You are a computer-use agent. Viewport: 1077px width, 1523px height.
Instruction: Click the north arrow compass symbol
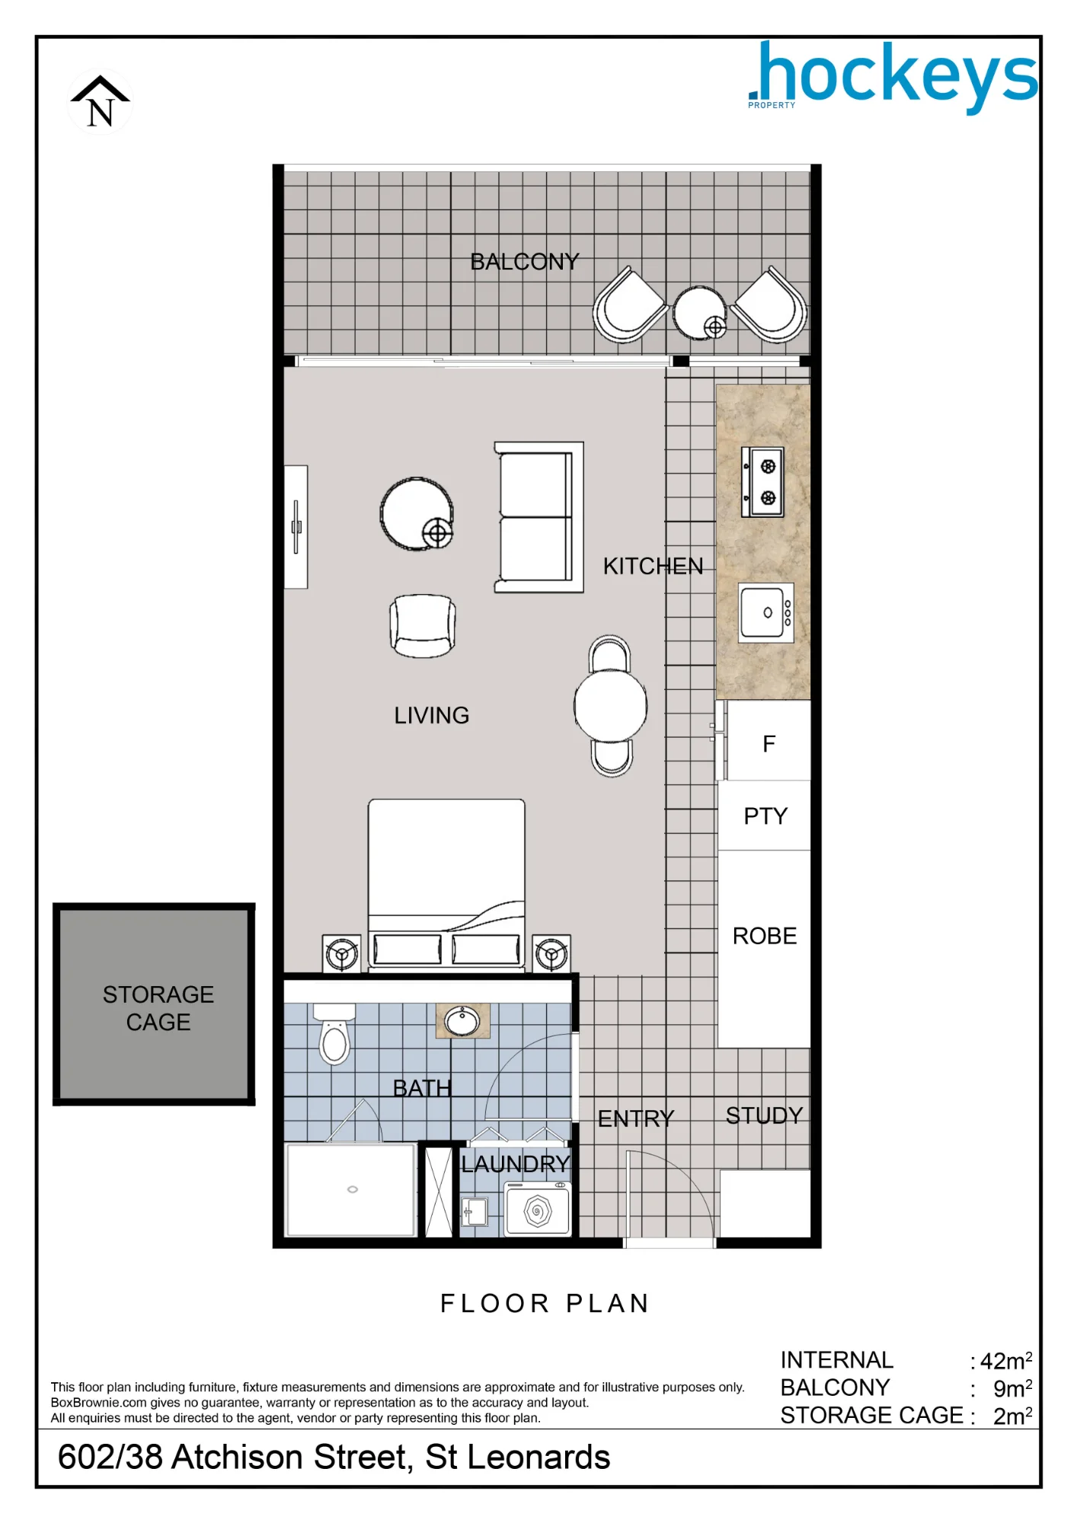101,101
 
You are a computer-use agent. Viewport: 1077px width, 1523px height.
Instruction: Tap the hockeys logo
893,77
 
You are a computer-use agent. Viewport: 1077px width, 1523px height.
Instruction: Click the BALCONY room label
524,262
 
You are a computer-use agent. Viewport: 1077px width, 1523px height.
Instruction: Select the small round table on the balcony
700,312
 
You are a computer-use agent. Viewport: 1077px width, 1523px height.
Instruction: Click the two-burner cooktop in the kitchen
762,482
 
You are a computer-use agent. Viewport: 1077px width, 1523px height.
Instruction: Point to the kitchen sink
766,613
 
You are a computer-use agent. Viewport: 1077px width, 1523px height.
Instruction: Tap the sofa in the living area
538,517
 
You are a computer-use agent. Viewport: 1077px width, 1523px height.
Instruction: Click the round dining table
611,706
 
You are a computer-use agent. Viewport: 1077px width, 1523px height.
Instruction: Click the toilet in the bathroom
334,1033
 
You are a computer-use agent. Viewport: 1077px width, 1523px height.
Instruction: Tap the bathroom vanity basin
462,1020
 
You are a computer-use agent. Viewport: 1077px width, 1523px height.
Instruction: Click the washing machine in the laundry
537,1209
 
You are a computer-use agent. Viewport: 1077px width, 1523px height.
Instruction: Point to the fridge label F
769,744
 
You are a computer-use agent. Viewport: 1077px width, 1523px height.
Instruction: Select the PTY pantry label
765,816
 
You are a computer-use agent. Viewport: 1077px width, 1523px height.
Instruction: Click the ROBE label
765,936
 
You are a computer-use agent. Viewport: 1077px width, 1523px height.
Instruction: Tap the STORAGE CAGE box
154,1004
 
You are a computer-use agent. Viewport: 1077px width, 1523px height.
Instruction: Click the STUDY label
764,1116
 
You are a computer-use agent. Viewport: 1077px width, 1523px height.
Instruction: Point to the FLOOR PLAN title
545,1304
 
